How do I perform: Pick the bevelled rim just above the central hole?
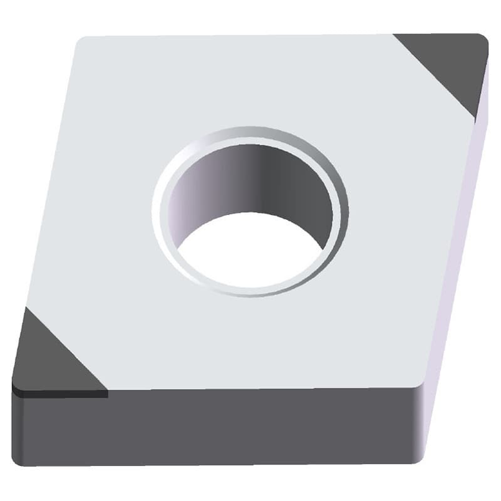coord(250,133)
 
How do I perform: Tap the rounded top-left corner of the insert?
coord(80,43)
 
